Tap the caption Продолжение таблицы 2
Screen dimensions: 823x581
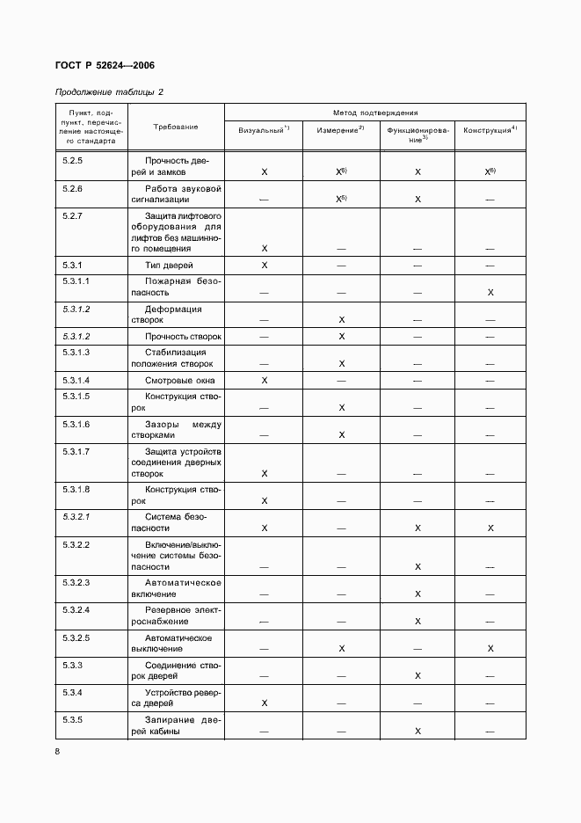pyautogui.click(x=109, y=91)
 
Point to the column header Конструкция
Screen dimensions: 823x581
pyautogui.click(x=490, y=130)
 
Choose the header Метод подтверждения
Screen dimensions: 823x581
pyautogui.click(x=375, y=113)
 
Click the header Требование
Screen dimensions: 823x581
pyautogui.click(x=176, y=127)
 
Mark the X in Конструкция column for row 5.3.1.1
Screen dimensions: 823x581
pyautogui.click(x=490, y=292)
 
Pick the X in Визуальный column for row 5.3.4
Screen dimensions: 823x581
pyautogui.click(x=265, y=703)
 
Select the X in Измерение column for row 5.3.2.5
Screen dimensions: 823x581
pyautogui.click(x=341, y=648)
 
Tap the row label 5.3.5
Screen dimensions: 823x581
pyautogui.click(x=72, y=719)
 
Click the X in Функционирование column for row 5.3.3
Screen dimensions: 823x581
pyautogui.click(x=418, y=676)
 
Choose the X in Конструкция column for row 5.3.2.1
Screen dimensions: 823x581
pyautogui.click(x=490, y=528)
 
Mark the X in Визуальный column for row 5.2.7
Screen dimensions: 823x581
pyautogui.click(x=265, y=249)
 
